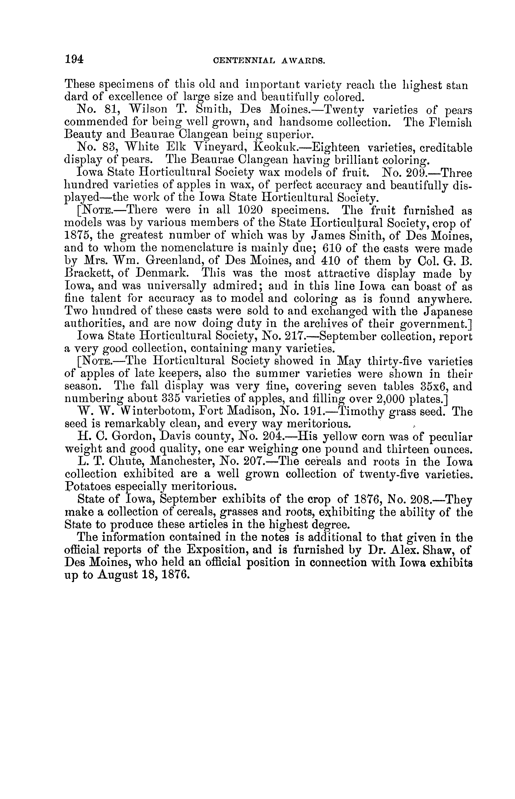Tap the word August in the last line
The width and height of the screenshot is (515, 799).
120,575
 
